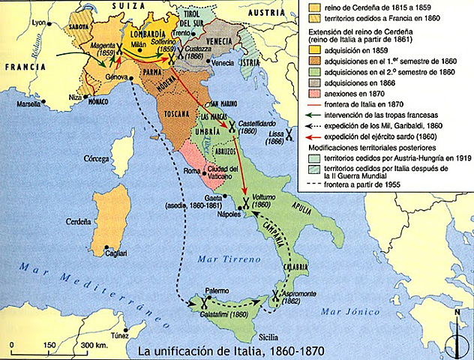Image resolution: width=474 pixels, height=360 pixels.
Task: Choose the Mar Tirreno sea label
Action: [214, 258]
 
